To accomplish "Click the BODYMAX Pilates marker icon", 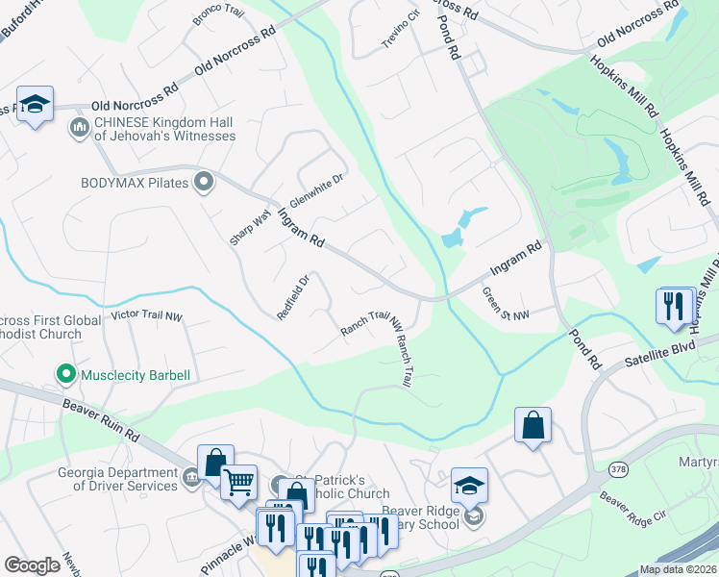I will point(203,181).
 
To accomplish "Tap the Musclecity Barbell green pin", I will point(65,374).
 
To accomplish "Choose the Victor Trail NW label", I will point(147,315).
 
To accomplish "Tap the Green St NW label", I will point(505,303).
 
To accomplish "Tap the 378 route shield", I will point(617,469).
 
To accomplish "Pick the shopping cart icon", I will point(237,481).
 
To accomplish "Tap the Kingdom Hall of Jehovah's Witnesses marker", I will point(79,127).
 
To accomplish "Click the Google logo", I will point(32,565).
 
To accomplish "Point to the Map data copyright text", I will point(677,569).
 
